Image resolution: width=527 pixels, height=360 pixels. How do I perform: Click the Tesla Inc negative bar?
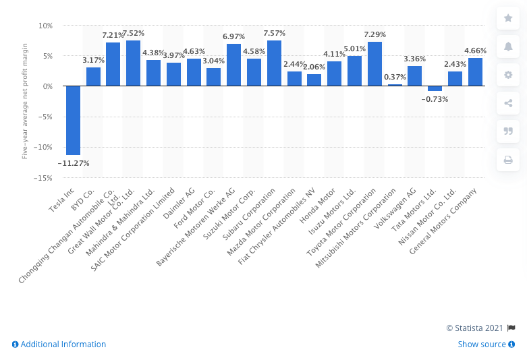tap(73, 120)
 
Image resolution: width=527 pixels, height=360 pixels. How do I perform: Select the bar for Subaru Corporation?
tap(274, 63)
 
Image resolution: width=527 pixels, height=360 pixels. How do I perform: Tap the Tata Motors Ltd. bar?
tap(435, 88)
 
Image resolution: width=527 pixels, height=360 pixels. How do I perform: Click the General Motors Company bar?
tap(475, 72)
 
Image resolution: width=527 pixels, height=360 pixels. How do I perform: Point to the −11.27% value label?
tap(73, 162)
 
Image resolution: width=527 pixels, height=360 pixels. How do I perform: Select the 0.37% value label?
tap(395, 76)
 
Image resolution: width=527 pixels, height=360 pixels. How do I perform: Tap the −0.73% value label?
tap(435, 99)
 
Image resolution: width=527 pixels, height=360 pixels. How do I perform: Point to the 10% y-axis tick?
tap(46, 26)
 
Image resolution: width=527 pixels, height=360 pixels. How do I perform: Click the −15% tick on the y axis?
tap(43, 178)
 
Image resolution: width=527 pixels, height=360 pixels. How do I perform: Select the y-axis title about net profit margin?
tap(24, 102)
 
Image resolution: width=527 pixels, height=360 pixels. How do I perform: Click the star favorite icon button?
tap(508, 18)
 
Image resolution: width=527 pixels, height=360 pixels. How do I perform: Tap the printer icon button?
tap(508, 160)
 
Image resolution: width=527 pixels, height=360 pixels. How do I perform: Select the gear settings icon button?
tap(508, 75)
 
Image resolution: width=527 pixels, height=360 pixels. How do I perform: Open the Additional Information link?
tap(59, 344)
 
